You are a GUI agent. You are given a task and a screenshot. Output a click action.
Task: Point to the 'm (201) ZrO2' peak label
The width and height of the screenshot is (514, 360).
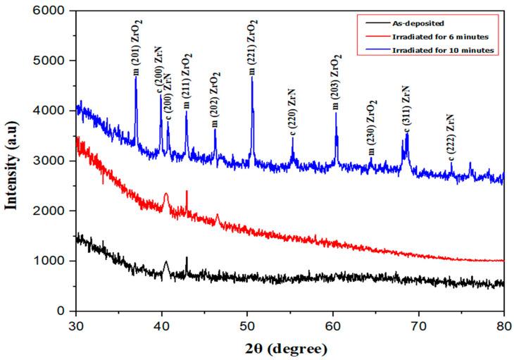click(x=137, y=50)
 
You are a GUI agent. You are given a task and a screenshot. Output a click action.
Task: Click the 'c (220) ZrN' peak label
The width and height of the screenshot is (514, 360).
click(x=292, y=112)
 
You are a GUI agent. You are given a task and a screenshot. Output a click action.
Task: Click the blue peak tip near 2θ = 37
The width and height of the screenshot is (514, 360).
click(x=136, y=77)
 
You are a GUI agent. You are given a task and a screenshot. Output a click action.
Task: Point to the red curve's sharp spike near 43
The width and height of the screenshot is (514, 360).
click(x=187, y=191)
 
